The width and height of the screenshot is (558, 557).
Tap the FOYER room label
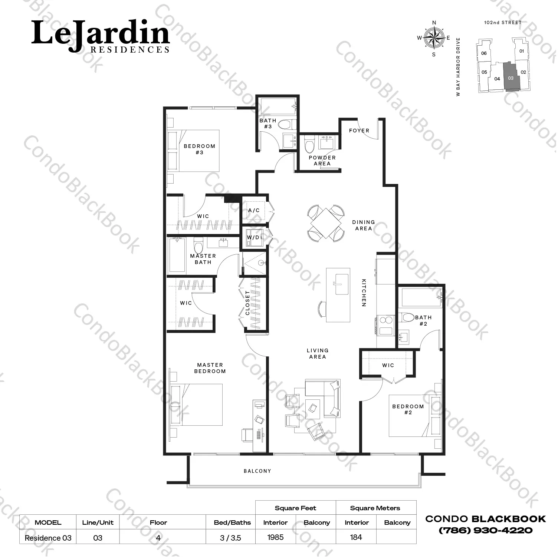click(359, 131)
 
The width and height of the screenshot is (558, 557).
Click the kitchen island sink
click(341, 284)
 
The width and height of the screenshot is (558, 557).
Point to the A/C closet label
click(254, 210)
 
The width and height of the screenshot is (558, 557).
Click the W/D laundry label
click(253, 237)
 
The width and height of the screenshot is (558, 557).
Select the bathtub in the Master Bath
click(177, 255)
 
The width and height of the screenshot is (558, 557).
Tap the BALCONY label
click(257, 471)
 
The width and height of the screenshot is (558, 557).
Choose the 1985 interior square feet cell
click(275, 537)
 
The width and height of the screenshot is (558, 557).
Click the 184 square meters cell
click(356, 537)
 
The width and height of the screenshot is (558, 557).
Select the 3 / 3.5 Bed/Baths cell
click(230, 538)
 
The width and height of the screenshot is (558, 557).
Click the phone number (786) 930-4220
click(486, 530)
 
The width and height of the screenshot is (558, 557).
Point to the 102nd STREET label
click(503, 23)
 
